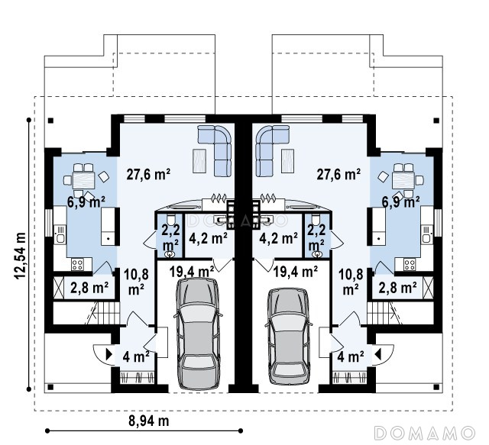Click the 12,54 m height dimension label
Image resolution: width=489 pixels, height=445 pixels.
(21, 256)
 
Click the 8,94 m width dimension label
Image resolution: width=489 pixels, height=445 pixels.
(149, 421)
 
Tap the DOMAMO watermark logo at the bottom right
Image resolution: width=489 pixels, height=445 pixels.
(424, 433)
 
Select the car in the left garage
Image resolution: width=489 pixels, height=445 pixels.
(198, 334)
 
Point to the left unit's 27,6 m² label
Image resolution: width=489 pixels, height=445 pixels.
(148, 174)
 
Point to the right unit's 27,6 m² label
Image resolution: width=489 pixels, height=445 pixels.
(338, 174)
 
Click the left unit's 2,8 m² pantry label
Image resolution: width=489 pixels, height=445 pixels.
(89, 288)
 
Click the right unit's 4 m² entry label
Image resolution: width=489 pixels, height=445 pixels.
(351, 356)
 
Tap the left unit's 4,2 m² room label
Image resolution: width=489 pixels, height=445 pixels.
(208, 238)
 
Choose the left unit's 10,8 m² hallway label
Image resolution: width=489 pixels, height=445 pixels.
(136, 282)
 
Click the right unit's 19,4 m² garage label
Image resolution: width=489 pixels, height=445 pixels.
(296, 272)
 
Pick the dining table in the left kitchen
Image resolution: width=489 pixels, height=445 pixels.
(83, 180)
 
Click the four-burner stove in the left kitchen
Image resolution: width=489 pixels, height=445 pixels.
(77, 265)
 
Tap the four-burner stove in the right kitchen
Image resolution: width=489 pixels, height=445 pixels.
(410, 265)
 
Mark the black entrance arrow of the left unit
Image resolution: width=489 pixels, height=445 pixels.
(109, 354)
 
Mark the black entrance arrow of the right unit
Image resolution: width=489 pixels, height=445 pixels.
(378, 354)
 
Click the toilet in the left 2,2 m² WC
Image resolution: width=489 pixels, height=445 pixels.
(171, 219)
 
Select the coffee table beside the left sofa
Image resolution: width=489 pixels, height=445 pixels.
(199, 161)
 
